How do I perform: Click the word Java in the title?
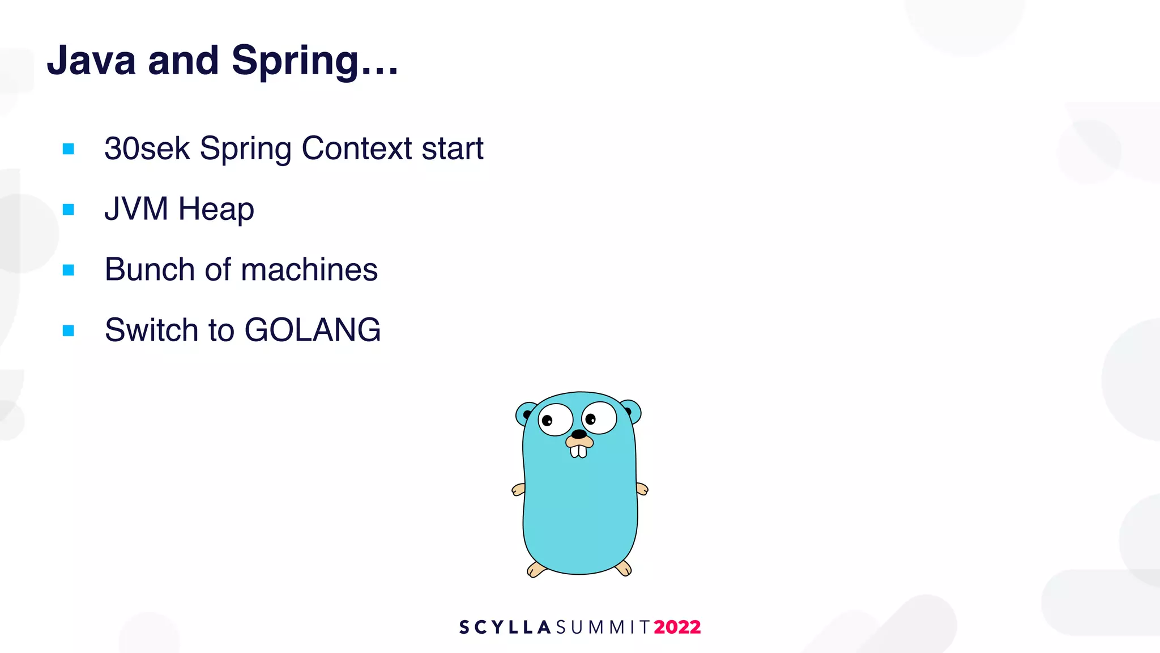91,60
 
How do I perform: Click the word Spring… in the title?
315,61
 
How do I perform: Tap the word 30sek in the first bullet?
147,149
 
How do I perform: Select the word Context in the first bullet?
357,149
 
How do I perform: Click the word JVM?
137,209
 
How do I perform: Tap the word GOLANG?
313,330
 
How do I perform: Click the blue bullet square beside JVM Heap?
69,210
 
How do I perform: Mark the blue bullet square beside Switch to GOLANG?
69,330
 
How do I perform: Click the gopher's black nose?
578,434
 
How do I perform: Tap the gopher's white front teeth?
578,452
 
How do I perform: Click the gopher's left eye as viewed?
555,420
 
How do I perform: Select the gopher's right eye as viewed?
599,418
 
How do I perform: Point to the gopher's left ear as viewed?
524,414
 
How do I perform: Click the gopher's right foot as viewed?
624,567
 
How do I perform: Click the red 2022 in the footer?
677,627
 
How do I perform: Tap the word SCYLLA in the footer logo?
505,627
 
